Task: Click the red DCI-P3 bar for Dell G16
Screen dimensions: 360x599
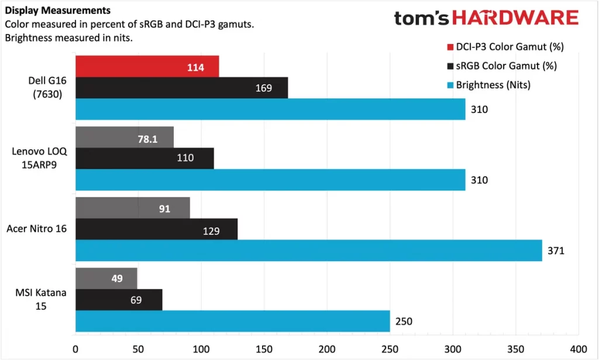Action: click(x=147, y=66)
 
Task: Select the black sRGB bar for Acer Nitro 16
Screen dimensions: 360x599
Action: click(x=156, y=229)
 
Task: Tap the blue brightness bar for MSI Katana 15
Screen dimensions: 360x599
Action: click(x=232, y=321)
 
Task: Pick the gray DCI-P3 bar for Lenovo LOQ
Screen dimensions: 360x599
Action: click(x=124, y=137)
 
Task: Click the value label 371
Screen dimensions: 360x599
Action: click(x=555, y=251)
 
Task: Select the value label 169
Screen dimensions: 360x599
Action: click(x=264, y=88)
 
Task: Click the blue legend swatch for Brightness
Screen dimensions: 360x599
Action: click(x=450, y=85)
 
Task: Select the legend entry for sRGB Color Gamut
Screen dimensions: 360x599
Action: click(x=502, y=66)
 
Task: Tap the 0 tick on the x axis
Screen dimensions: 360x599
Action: click(x=75, y=347)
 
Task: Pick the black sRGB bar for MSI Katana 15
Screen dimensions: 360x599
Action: click(x=119, y=300)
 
